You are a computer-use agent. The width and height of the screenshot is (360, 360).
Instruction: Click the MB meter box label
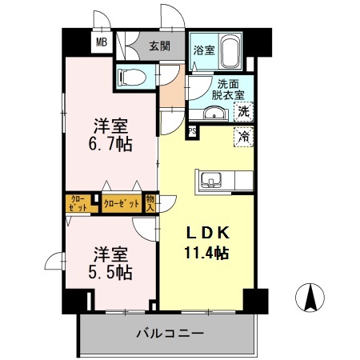pos(102,43)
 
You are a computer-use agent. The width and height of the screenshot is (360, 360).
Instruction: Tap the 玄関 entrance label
pos(158,46)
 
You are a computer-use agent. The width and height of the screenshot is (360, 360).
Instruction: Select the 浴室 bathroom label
pos(203,50)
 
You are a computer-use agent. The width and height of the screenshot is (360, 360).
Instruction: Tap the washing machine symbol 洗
pos(243,113)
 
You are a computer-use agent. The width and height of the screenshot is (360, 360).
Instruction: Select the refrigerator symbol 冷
pos(243,136)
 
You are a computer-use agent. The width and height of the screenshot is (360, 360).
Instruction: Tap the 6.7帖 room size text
pos(110,145)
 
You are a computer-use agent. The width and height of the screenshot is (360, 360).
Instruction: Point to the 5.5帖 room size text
pos(110,272)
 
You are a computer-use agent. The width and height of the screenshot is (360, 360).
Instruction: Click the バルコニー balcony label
pos(170,333)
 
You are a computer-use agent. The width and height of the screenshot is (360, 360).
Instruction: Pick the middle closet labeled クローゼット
pos(122,203)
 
